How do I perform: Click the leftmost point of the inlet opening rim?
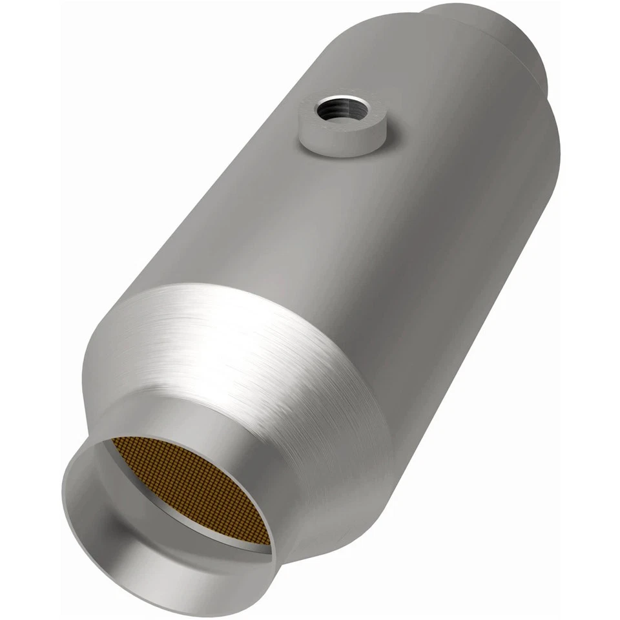63,491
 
